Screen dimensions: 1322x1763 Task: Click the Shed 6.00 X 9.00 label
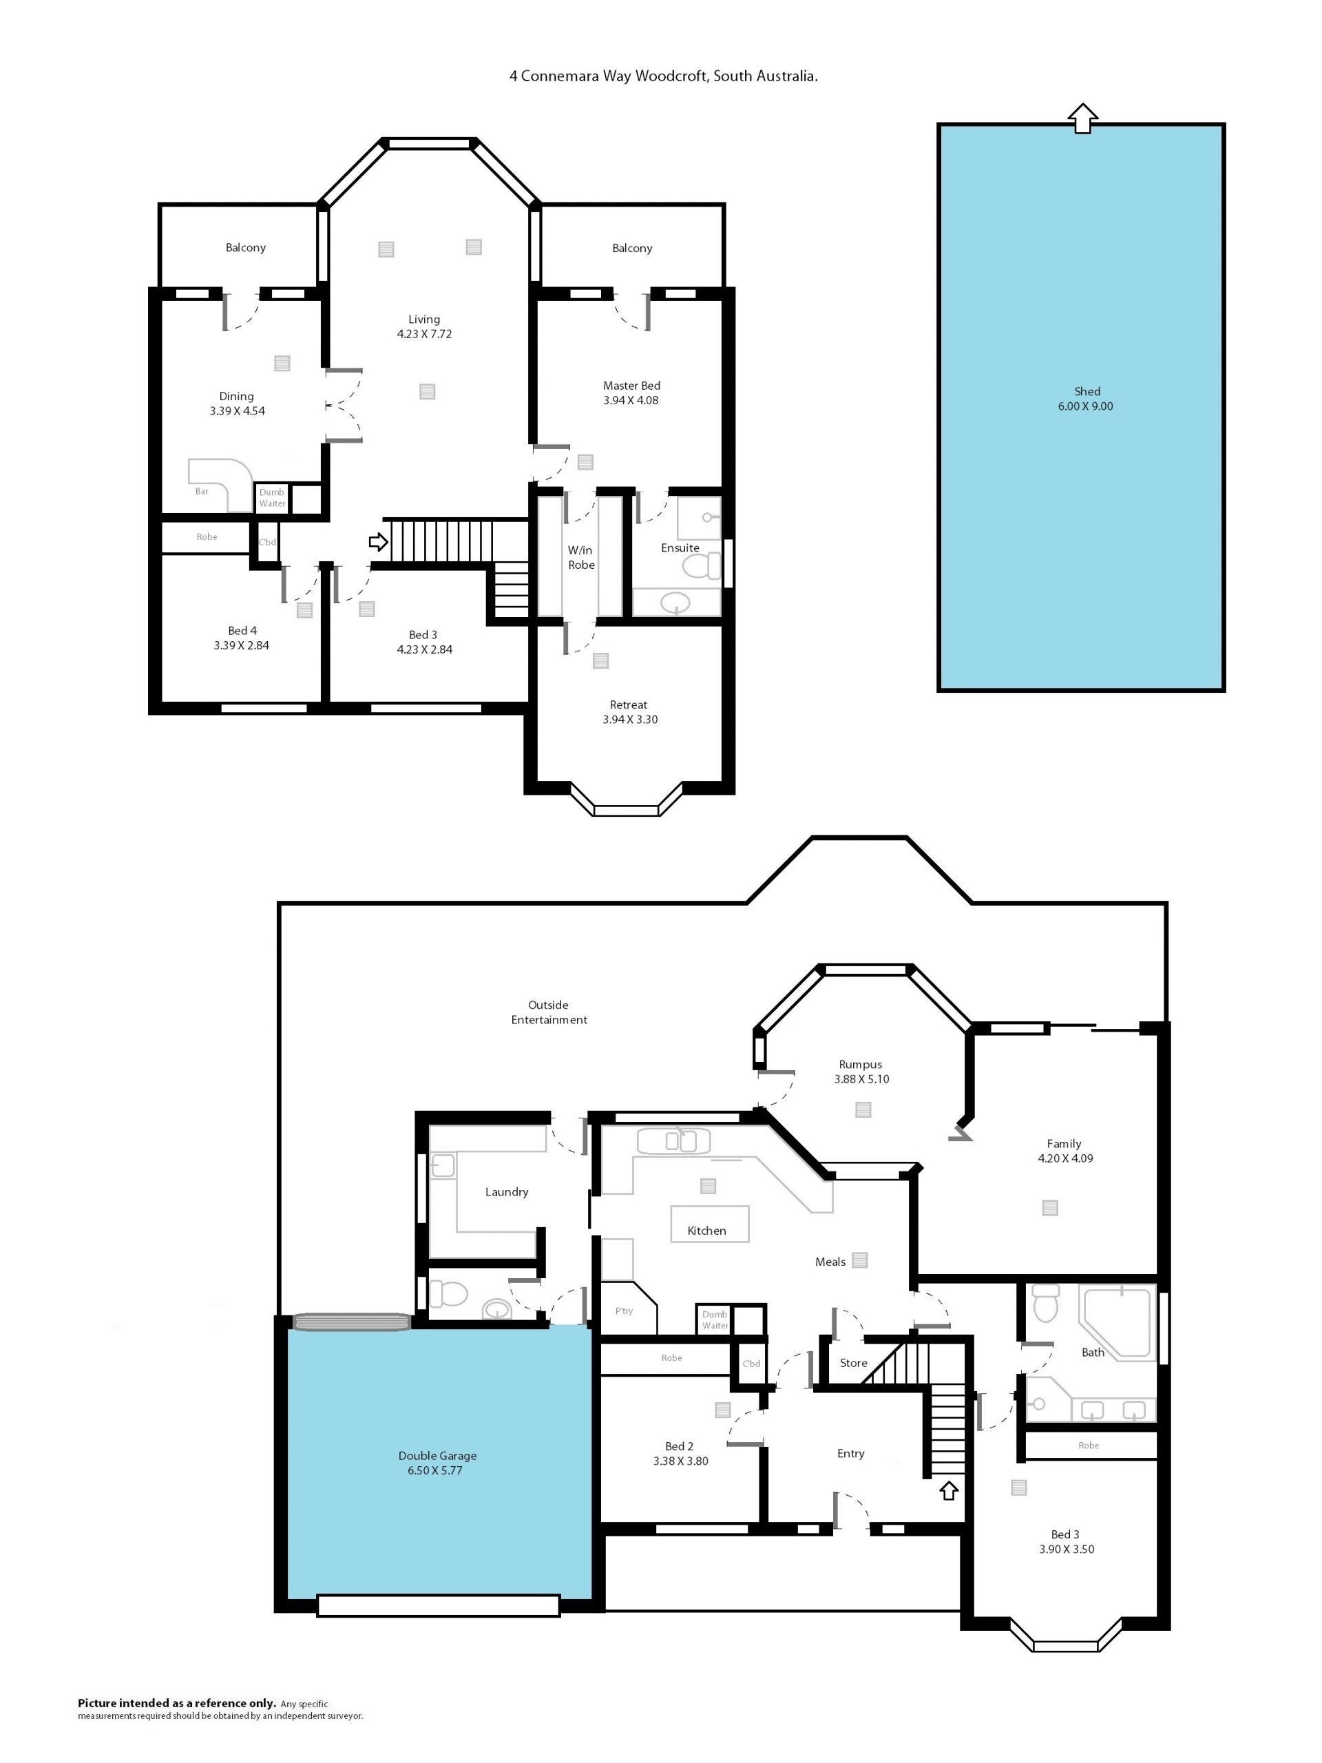[1085, 399]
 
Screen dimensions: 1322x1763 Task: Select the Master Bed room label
[631, 386]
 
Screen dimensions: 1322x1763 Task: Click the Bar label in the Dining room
[202, 492]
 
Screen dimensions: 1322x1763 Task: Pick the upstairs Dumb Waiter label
[272, 498]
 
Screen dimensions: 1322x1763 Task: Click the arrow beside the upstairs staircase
[378, 543]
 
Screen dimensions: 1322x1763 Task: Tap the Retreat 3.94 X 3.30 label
[629, 711]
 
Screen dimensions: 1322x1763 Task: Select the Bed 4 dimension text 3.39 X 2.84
[242, 645]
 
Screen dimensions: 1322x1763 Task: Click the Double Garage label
[437, 1455]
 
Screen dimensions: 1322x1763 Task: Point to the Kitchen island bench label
[707, 1231]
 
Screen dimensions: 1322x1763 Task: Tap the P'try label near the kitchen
[624, 1311]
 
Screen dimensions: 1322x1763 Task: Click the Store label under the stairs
[853, 1363]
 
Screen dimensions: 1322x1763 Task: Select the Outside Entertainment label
[549, 1012]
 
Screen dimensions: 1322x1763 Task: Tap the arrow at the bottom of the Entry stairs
[948, 1490]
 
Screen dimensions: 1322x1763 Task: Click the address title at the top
[664, 76]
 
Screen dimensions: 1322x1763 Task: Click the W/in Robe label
[581, 557]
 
